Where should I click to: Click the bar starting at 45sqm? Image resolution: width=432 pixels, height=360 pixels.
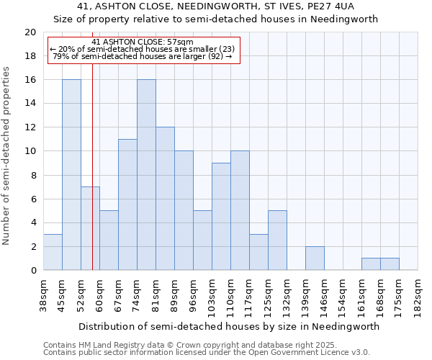coord(71,175)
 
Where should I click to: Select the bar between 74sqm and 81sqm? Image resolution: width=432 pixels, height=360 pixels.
coord(146,175)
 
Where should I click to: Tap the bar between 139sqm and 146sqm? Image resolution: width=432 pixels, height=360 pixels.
coord(315,258)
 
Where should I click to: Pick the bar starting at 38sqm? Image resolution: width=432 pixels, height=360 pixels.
coord(53,252)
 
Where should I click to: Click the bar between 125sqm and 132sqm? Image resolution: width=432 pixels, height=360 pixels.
coord(277,240)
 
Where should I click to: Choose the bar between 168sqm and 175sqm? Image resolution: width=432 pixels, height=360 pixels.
coord(390,264)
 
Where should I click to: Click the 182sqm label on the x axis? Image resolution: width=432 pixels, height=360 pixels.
coord(418,296)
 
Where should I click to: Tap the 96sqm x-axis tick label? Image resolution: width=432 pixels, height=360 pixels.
coord(194,296)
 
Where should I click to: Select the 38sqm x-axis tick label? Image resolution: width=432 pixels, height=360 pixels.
coord(44,296)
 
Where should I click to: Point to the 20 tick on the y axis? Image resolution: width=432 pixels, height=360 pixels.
coord(30,32)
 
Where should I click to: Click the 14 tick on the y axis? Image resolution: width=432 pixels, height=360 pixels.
coord(30,104)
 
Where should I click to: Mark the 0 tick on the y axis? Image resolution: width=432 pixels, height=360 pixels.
coord(33,271)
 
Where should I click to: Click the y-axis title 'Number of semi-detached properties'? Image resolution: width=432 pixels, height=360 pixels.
coord(7,156)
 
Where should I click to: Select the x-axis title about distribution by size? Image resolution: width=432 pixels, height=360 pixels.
coord(228,326)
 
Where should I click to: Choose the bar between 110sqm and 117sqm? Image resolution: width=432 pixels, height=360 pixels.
coord(240,211)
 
